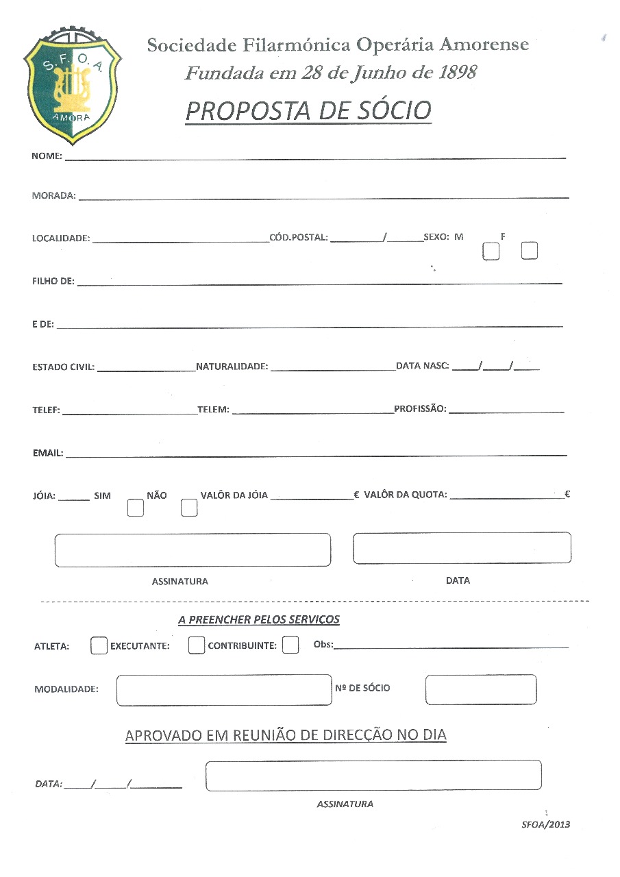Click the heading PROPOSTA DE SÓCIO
[x=308, y=111]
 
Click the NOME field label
[x=47, y=156]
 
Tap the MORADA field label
[x=53, y=195]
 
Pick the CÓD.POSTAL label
[x=299, y=238]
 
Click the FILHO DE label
[x=53, y=282]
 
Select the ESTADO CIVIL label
[x=63, y=367]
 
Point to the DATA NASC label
[x=422, y=366]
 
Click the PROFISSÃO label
[x=420, y=409]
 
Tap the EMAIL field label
[x=48, y=453]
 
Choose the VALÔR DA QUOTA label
[x=406, y=495]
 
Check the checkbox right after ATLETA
[x=99, y=646]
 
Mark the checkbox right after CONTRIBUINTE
[x=290, y=645]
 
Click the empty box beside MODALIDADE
[x=224, y=690]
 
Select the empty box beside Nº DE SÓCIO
[x=480, y=689]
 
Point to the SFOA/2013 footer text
[x=545, y=824]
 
